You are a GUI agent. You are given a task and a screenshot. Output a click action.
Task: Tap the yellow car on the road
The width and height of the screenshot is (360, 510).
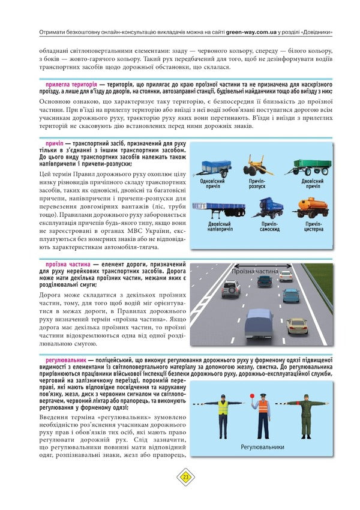point(296,325)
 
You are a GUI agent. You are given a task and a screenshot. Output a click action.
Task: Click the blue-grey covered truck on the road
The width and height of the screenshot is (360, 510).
point(259,323)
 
